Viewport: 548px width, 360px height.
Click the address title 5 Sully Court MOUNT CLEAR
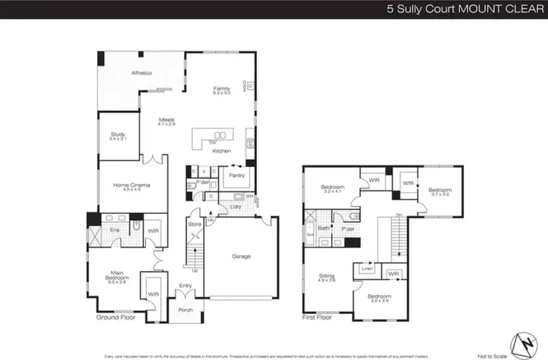[463, 11]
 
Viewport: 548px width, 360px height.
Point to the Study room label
[118, 136]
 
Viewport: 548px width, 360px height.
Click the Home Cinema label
[132, 187]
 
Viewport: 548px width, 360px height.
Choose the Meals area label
[167, 122]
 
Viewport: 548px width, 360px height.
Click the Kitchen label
[222, 151]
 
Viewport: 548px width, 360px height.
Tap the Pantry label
[237, 175]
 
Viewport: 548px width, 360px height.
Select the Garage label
[241, 256]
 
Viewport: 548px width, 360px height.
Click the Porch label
[185, 310]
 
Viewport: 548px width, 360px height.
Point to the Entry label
[186, 286]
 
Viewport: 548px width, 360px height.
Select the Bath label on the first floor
[323, 229]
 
